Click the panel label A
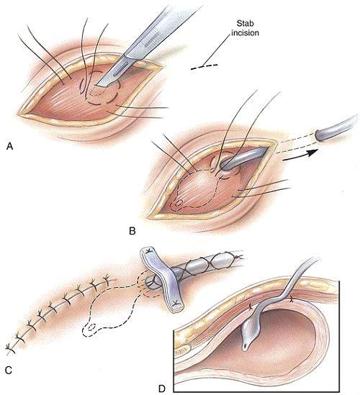[x=9, y=146]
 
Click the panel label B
[x=132, y=231]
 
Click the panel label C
[x=9, y=370]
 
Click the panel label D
[x=161, y=389]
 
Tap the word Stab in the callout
[x=245, y=24]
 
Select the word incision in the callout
[x=245, y=33]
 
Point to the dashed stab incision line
[x=204, y=67]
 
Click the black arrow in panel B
[x=300, y=156]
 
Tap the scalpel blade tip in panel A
[x=94, y=88]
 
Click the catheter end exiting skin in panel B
[x=320, y=135]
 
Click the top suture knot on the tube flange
[x=149, y=250]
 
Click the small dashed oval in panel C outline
[x=91, y=327]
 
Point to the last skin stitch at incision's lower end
[x=10, y=349]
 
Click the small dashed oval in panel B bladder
[x=179, y=203]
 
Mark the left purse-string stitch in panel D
[x=251, y=307]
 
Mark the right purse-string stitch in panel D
[x=292, y=299]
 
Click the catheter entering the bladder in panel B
[x=242, y=159]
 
